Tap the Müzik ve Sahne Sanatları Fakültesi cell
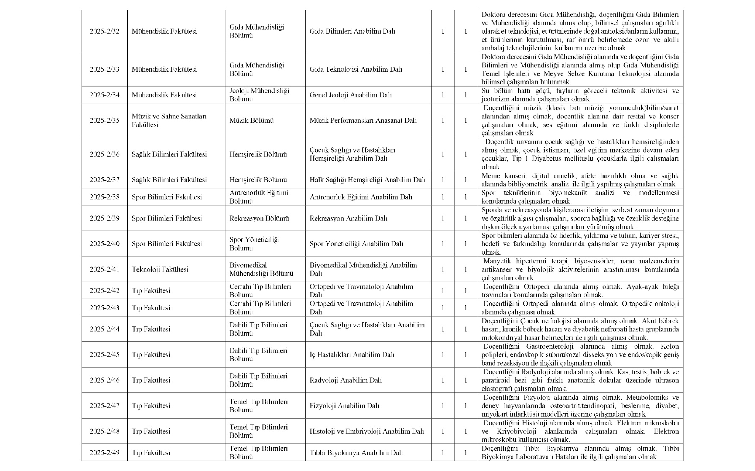pyautogui.click(x=169, y=120)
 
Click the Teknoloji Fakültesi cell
pyautogui.click(x=160, y=269)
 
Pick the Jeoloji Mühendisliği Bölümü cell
pyautogui.click(x=259, y=95)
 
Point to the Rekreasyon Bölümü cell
pyautogui.click(x=259, y=218)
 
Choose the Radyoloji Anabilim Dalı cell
pyautogui.click(x=345, y=380)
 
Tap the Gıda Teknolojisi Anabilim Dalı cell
pyautogui.click(x=356, y=69)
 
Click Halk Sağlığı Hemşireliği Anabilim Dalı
pyautogui.click(x=367, y=180)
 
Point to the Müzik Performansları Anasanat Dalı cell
pyautogui.click(x=363, y=120)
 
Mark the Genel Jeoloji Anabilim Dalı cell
pyautogui.click(x=350, y=95)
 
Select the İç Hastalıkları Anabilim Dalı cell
pyautogui.click(x=352, y=355)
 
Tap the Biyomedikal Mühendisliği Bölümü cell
pyautogui.click(x=261, y=269)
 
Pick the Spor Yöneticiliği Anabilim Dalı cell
pyautogui.click(x=356, y=244)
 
